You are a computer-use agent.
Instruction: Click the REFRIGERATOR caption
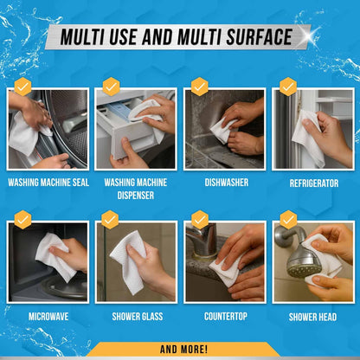(313, 183)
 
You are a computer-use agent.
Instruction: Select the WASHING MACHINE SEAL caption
(48, 183)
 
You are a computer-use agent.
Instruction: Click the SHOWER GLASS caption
(136, 316)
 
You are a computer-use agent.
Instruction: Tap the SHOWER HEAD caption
(313, 316)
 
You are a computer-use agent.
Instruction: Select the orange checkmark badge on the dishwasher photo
(200, 87)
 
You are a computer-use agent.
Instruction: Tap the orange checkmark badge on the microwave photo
(22, 220)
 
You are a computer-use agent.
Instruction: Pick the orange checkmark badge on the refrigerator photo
(288, 87)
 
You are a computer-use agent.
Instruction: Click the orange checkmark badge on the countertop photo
(200, 220)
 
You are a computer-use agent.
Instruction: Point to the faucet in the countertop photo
(201, 240)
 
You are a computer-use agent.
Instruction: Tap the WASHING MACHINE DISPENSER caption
(136, 189)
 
